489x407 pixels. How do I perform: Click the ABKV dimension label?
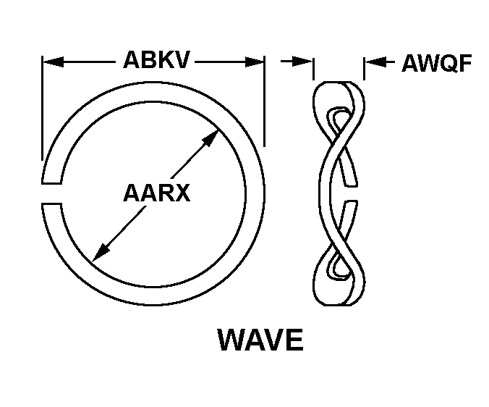coord(156,59)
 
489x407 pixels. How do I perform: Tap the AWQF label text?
coord(437,63)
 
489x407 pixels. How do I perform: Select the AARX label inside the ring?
coord(156,193)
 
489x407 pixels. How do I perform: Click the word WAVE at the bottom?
coord(260,340)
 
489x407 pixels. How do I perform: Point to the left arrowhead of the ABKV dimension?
coord(53,62)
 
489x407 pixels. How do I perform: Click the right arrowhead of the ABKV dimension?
coord(254,62)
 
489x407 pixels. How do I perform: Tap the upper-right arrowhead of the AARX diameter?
coord(210,138)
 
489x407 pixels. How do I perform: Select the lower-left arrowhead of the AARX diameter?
coord(101,253)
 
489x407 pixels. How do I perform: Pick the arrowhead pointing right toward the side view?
coord(302,61)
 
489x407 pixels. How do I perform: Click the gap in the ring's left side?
coord(52,193)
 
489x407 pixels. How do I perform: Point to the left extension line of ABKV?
coord(42,108)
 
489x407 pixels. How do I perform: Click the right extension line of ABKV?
coord(264,101)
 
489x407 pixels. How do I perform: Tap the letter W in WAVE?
coord(231,340)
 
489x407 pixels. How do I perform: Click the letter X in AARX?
coord(182,193)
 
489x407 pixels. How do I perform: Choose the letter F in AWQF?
coord(464,63)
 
